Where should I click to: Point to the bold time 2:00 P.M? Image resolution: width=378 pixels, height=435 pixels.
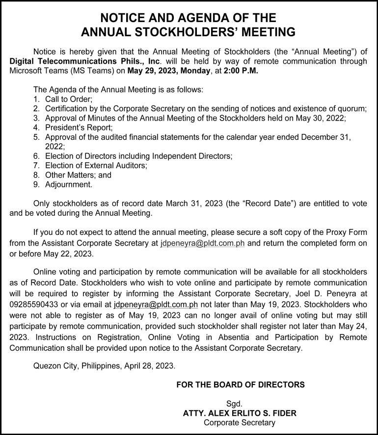241,71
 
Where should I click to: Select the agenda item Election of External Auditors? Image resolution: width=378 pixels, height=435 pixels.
96,165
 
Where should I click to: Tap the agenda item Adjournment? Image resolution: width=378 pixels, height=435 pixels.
68,184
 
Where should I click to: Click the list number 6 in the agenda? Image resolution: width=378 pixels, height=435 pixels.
36,156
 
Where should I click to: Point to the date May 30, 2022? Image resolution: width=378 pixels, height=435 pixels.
317,118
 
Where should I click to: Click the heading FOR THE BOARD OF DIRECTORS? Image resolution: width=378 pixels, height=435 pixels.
240,384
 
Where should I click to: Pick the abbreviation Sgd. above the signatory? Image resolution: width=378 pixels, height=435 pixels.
240,404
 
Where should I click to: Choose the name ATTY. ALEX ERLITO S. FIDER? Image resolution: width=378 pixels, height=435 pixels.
240,413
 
